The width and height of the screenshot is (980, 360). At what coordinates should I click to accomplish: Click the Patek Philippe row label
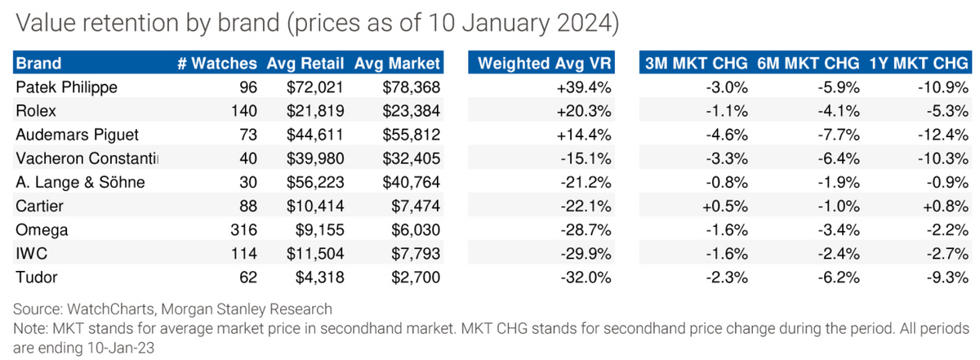tap(66, 87)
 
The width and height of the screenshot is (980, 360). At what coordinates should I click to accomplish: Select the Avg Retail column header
tap(305, 64)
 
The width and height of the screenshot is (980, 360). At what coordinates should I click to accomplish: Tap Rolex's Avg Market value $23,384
tap(412, 111)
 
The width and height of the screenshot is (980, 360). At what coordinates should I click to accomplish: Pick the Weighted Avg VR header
tap(544, 64)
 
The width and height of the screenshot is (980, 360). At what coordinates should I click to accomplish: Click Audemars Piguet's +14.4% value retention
tap(584, 135)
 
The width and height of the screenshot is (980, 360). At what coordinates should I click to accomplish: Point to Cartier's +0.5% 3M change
tap(725, 206)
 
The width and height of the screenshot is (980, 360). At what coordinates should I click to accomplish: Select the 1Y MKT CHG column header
tap(918, 64)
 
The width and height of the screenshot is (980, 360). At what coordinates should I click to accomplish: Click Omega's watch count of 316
tap(243, 229)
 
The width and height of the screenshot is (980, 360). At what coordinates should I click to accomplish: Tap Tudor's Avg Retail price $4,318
tap(320, 278)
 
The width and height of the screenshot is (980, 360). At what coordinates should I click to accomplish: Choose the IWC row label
tap(32, 253)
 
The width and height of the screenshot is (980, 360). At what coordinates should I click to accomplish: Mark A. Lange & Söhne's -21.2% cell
tap(586, 182)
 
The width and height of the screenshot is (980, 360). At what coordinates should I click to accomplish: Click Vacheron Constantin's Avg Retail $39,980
tap(315, 158)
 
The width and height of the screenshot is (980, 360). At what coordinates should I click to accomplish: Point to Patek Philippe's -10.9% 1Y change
tap(942, 87)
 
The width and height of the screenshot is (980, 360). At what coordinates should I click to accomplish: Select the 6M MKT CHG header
tap(808, 64)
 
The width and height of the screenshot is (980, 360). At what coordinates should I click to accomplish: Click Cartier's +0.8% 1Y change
tap(946, 206)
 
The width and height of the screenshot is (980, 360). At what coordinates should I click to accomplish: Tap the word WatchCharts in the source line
tap(111, 309)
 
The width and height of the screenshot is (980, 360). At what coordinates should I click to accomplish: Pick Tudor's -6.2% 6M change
tap(839, 278)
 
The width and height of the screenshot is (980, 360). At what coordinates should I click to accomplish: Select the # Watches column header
tap(217, 64)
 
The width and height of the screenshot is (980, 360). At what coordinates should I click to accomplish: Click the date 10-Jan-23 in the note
tap(121, 349)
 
